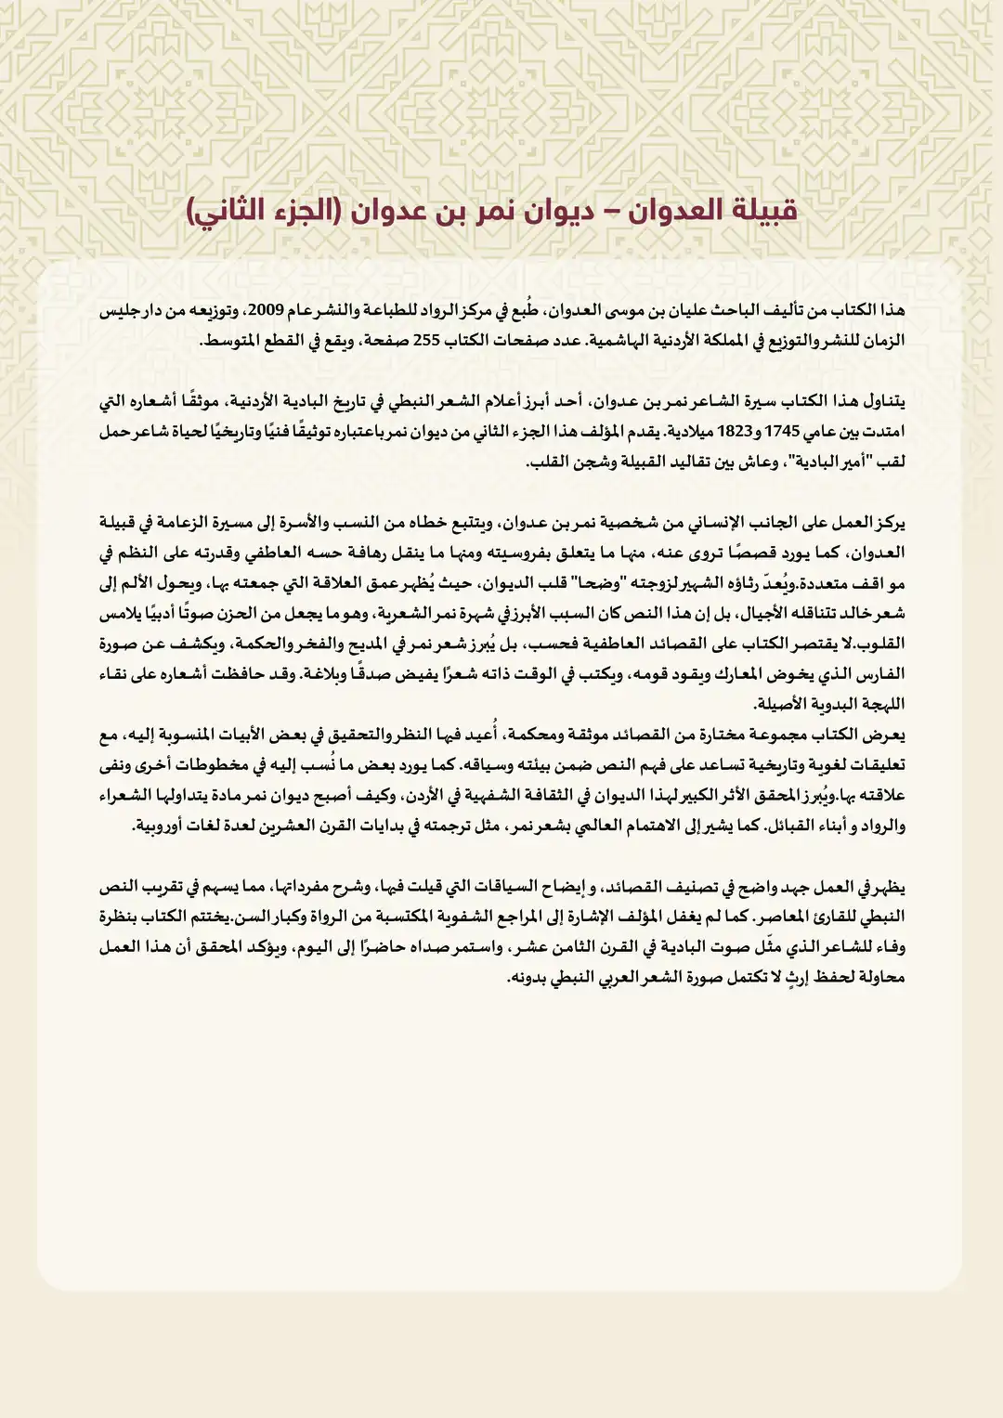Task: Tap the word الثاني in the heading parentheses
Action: [x=231, y=210]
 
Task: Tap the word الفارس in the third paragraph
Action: [x=880, y=674]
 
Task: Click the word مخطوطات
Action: [x=248, y=765]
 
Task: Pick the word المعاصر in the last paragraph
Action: [x=776, y=917]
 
